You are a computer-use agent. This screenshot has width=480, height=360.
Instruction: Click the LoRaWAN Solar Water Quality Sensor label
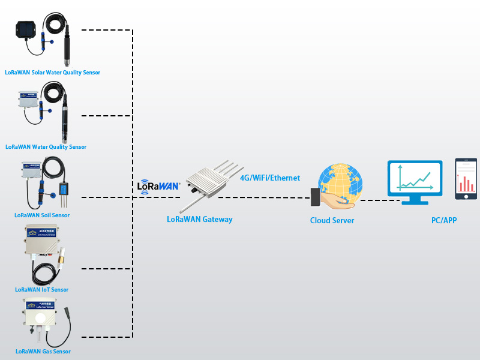coord(52,73)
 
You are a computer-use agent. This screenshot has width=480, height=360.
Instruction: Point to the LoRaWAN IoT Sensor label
coord(42,290)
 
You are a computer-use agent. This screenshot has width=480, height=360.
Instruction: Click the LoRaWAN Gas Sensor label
coord(43,352)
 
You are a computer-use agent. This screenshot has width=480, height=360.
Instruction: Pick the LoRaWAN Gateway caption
coord(199,220)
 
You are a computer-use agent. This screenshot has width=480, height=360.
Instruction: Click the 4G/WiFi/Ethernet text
coord(270,178)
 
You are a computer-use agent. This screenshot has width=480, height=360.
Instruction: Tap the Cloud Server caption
coord(332,221)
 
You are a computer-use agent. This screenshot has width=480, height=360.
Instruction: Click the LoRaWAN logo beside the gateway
coord(159,185)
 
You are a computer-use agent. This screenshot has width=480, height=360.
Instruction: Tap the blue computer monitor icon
coord(415,178)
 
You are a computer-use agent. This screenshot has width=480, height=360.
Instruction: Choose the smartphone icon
coord(466,179)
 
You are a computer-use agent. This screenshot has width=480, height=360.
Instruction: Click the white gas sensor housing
coord(40,315)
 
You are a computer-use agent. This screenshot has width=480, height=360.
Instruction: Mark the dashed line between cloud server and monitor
coord(372,200)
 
